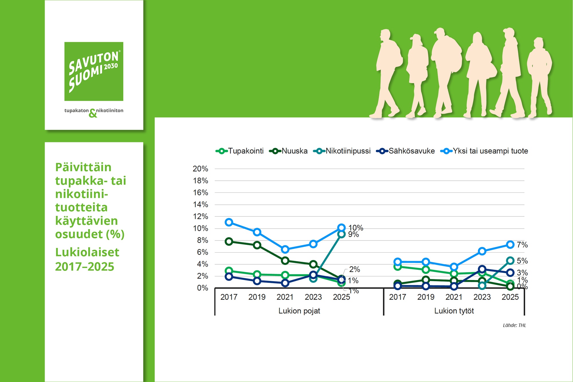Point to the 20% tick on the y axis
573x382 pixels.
point(200,169)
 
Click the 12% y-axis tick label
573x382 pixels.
point(200,216)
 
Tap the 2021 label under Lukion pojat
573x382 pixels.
point(285,297)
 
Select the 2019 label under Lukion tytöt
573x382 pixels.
point(426,297)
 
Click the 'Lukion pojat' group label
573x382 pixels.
point(299,311)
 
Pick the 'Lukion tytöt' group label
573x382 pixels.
point(454,311)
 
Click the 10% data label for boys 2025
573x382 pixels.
point(356,228)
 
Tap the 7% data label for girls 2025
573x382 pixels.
point(522,245)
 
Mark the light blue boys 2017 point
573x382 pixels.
point(229,222)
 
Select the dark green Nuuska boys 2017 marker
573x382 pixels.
point(229,241)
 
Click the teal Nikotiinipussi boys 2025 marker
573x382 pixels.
point(341,234)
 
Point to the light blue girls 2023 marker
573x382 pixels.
point(482,251)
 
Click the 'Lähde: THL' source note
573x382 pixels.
point(514,325)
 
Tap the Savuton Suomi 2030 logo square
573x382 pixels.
point(94,71)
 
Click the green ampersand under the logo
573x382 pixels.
point(93,113)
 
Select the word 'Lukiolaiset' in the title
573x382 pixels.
point(87,252)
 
